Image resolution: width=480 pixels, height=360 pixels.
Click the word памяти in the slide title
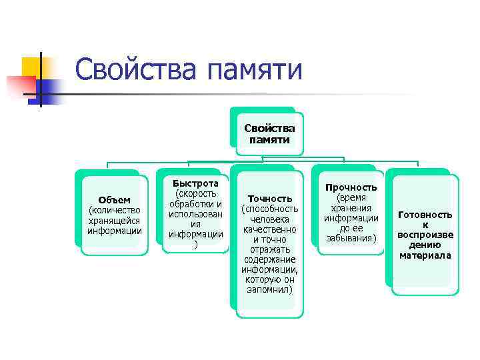(257, 71)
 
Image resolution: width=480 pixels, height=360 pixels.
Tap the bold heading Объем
(114, 200)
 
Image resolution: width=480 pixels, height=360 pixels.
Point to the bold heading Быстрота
(195, 183)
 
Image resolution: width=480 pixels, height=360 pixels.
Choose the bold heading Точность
(270, 199)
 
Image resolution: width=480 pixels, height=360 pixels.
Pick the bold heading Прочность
(351, 189)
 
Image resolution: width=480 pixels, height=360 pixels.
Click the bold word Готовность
(425, 215)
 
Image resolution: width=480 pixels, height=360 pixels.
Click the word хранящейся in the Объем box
(114, 221)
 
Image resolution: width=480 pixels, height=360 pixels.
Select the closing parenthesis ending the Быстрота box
(195, 244)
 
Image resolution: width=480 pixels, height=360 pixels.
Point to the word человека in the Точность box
(270, 219)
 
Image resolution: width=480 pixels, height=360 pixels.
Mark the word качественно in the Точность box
(270, 229)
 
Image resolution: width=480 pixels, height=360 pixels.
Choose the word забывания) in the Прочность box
(351, 238)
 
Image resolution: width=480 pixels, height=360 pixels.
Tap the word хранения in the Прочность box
(351, 208)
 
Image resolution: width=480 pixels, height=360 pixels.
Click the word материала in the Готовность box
(425, 255)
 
